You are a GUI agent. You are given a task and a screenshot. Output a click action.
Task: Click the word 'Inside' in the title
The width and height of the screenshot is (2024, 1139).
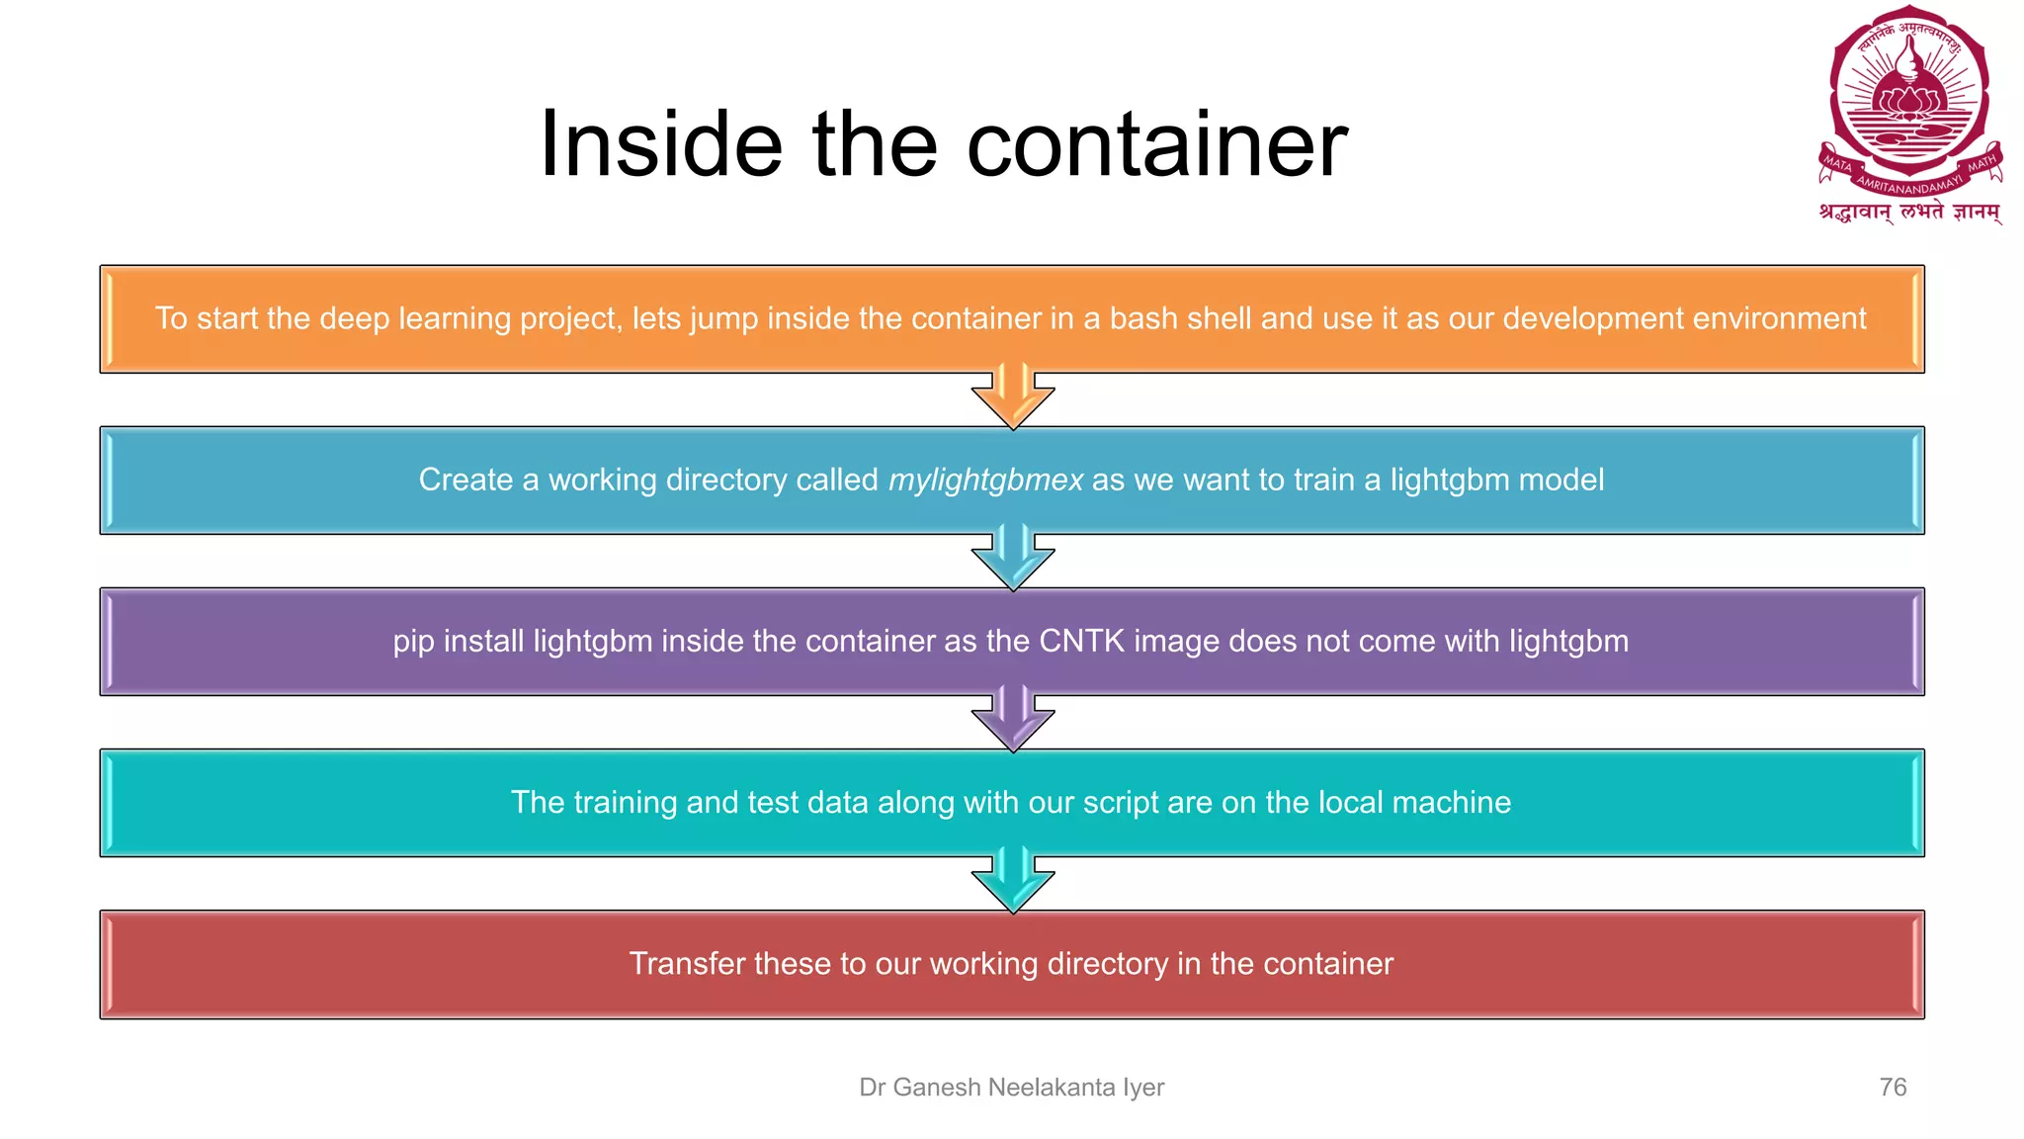661,144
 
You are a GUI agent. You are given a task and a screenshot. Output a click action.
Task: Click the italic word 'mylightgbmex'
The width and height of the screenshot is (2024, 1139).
985,481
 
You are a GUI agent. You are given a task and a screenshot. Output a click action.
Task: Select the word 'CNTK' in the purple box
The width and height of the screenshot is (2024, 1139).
1081,642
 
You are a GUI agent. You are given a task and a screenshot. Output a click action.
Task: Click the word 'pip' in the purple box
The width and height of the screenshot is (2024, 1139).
413,642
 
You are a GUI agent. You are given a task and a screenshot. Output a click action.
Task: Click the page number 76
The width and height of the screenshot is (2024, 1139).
1893,1088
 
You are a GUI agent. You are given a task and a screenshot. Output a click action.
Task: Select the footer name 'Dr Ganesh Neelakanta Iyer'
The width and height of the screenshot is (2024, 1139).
1012,1088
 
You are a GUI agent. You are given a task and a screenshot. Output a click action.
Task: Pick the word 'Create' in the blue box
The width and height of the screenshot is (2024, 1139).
465,481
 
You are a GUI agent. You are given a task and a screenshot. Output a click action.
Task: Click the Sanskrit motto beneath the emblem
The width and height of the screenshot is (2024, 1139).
1909,212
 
